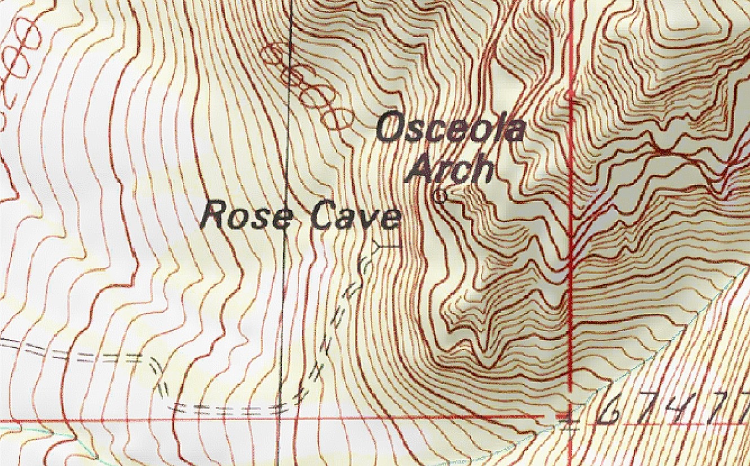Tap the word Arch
click(450, 168)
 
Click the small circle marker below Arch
click(440, 196)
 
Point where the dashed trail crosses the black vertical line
click(280, 407)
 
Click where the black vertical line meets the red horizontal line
click(279, 420)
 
